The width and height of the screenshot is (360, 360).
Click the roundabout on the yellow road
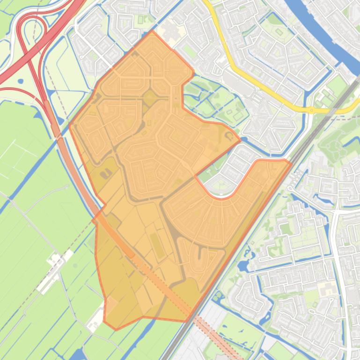coord(311,110)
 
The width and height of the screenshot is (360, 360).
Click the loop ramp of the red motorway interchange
coord(32,28)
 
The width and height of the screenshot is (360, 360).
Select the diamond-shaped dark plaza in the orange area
coord(150,98)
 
